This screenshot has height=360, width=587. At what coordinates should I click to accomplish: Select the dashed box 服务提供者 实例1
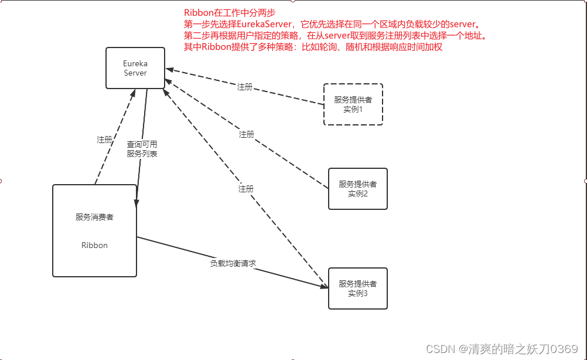click(353, 104)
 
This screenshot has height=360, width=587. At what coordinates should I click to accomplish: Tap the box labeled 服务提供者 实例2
click(357, 189)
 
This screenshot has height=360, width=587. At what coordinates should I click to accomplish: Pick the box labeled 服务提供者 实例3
click(357, 288)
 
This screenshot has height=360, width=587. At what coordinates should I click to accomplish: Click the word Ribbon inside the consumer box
click(94, 246)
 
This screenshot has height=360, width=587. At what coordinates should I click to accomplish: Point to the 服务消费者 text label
click(94, 218)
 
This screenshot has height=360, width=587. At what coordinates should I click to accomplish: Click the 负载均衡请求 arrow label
click(233, 264)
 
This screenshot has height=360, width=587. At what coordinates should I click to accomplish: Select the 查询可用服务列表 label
click(142, 149)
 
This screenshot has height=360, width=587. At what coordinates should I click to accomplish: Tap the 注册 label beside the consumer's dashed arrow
click(104, 140)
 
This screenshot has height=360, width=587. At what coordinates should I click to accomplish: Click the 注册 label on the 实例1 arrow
click(245, 87)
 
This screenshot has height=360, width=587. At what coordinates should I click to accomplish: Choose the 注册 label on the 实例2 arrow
click(247, 135)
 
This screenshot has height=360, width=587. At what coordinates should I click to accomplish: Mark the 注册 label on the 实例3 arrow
click(246, 189)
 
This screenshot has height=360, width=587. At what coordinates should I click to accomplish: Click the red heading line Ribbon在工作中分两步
click(230, 13)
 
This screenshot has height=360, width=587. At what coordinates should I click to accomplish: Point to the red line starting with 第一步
click(332, 25)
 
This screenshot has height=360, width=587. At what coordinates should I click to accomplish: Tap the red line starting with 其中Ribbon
click(313, 47)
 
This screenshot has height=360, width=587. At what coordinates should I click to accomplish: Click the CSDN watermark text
click(502, 349)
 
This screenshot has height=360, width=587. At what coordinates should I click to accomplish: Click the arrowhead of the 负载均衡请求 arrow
click(324, 286)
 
